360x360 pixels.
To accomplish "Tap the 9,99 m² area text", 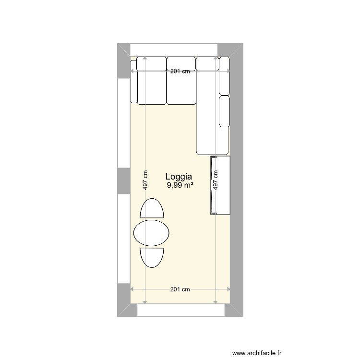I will [x=180, y=185].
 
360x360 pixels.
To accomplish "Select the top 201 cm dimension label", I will [x=180, y=72].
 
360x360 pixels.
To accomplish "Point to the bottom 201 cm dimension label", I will [x=180, y=289].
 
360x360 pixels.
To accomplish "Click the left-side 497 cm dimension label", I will [x=145, y=181].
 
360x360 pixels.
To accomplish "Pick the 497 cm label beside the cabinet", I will [x=216, y=181].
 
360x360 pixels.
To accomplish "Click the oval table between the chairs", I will [x=151, y=233].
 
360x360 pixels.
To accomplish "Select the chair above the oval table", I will [x=151, y=209].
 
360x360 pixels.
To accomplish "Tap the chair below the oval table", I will [x=151, y=257].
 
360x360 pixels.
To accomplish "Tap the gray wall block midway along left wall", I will [x=124, y=180].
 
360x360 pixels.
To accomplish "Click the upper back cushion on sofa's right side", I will [x=224, y=75].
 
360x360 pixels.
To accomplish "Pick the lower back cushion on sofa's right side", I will [x=224, y=111].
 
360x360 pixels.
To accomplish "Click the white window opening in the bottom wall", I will [x=181, y=310].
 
